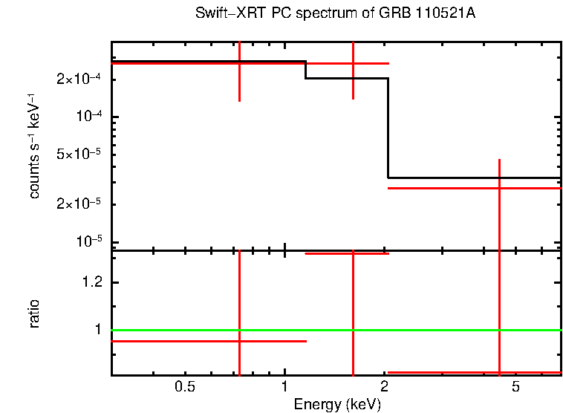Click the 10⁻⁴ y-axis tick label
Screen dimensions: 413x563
point(90,117)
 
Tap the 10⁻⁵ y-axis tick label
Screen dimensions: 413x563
point(90,241)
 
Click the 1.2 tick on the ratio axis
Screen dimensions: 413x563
point(93,283)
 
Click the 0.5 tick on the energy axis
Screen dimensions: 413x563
point(185,387)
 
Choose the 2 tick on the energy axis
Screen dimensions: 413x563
point(384,387)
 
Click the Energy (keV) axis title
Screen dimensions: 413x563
point(336,404)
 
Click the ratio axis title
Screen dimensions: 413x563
point(35,313)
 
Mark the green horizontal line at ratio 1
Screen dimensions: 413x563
point(446,330)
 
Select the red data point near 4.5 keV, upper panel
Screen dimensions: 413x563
point(499,188)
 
